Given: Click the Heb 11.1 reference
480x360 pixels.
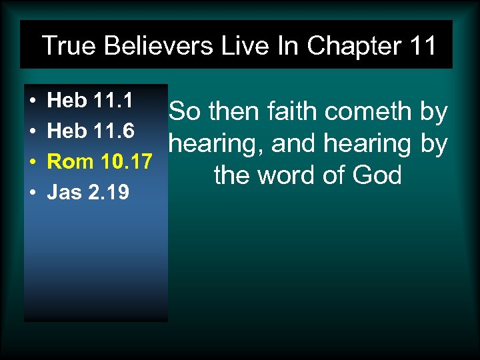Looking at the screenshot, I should [90, 101].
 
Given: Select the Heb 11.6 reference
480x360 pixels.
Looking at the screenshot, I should [91, 131].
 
